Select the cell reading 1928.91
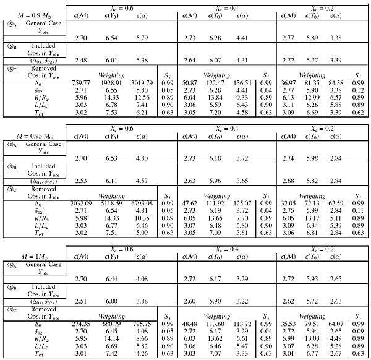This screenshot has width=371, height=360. click(x=111, y=82)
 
